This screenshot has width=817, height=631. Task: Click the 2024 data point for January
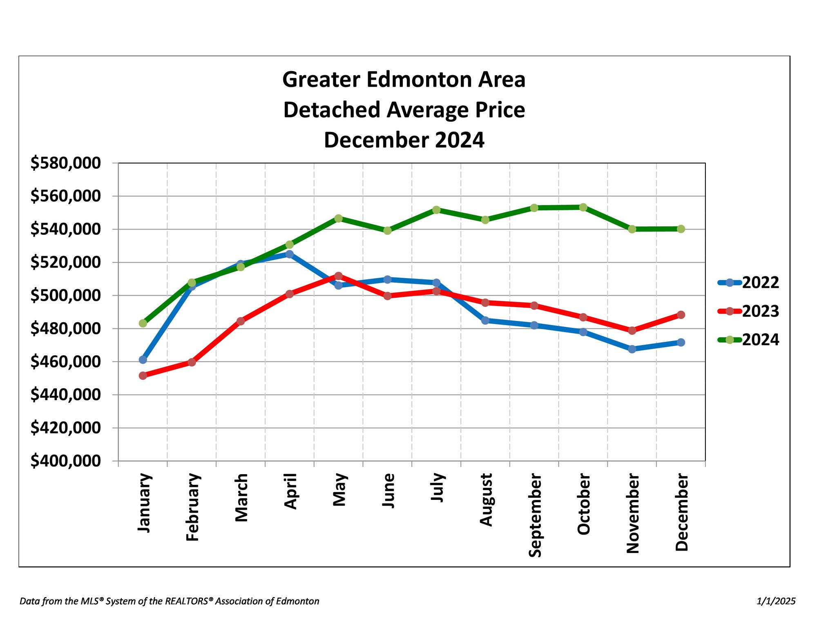[x=143, y=323]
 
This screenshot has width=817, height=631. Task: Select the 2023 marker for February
[x=192, y=362]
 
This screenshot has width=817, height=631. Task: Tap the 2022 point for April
[x=290, y=254]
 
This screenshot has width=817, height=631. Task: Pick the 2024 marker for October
[x=583, y=207]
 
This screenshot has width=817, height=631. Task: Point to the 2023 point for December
[x=681, y=315]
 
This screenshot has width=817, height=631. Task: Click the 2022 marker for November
[x=632, y=349]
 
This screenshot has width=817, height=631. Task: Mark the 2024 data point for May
[x=339, y=219]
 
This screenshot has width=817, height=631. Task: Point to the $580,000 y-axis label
[x=65, y=163]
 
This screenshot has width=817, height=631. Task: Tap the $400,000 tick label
[x=65, y=461]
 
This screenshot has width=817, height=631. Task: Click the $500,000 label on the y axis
[x=65, y=295]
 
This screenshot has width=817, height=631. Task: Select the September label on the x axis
[x=535, y=515]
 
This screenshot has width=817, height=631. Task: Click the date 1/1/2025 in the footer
[x=776, y=601]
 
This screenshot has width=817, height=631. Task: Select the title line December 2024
[x=404, y=140]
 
